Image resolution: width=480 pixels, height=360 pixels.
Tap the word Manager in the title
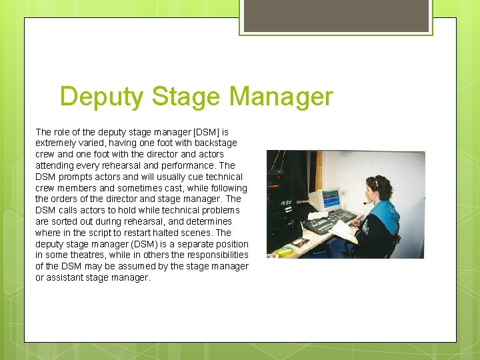(280, 97)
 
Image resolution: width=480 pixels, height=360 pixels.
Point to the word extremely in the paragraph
(58, 143)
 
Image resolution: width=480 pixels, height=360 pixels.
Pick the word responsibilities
(211, 255)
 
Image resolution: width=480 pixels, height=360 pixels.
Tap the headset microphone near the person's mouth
(366, 202)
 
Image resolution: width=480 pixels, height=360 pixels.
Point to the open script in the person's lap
(344, 231)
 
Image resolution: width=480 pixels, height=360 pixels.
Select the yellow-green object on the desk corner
(285, 251)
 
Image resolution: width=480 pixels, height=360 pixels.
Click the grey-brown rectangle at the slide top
(336, 15)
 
